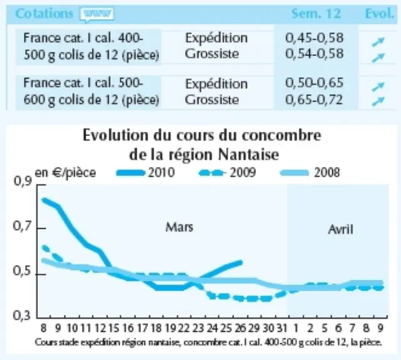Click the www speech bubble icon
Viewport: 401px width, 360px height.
[97, 14]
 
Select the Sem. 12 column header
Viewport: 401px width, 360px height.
[316, 14]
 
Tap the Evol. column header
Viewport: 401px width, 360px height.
[379, 14]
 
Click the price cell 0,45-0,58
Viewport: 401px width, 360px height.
[314, 38]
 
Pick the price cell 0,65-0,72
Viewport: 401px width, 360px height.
[314, 99]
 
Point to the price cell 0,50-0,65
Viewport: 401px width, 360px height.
[314, 83]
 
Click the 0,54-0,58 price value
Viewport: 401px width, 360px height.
[314, 54]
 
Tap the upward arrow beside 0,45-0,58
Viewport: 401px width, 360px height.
[379, 42]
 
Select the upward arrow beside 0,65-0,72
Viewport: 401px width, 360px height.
[379, 101]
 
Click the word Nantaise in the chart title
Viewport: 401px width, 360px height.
[249, 154]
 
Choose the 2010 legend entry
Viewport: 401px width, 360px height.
[146, 172]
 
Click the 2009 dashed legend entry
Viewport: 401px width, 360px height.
[227, 172]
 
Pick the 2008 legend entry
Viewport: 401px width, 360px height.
[310, 172]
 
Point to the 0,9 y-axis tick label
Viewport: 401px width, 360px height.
[22, 181]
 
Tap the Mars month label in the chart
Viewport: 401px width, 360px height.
[179, 227]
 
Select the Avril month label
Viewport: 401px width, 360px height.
[340, 229]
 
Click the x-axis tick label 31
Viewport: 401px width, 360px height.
[282, 327]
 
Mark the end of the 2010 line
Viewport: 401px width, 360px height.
[241, 262]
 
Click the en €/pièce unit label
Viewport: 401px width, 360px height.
[65, 173]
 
